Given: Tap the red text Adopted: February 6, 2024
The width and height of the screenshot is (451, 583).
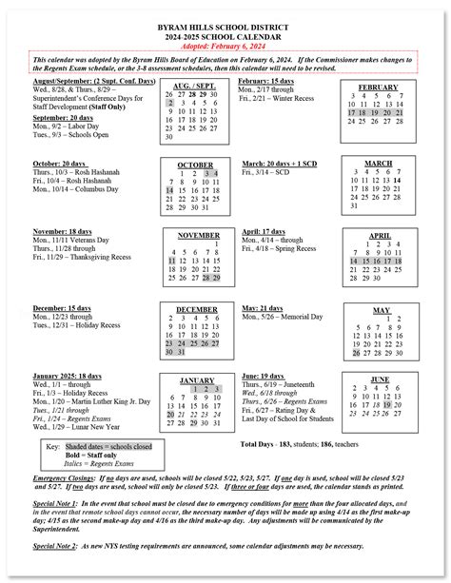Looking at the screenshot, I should (225, 44).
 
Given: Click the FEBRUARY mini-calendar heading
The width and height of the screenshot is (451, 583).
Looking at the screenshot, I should (378, 87).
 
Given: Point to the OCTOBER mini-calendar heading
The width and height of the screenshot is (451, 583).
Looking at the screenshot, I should (195, 165).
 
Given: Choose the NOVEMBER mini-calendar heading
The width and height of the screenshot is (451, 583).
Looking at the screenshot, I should (198, 234).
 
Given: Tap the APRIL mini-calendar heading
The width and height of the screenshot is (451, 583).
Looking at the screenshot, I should (379, 235).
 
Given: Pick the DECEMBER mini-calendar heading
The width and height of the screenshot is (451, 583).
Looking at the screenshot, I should (197, 309).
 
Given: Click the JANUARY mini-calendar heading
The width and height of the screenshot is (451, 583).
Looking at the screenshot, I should (196, 379).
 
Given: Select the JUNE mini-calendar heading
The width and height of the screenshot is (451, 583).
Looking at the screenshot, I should (379, 379).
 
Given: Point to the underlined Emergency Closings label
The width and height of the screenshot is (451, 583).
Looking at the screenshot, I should (64, 476).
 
